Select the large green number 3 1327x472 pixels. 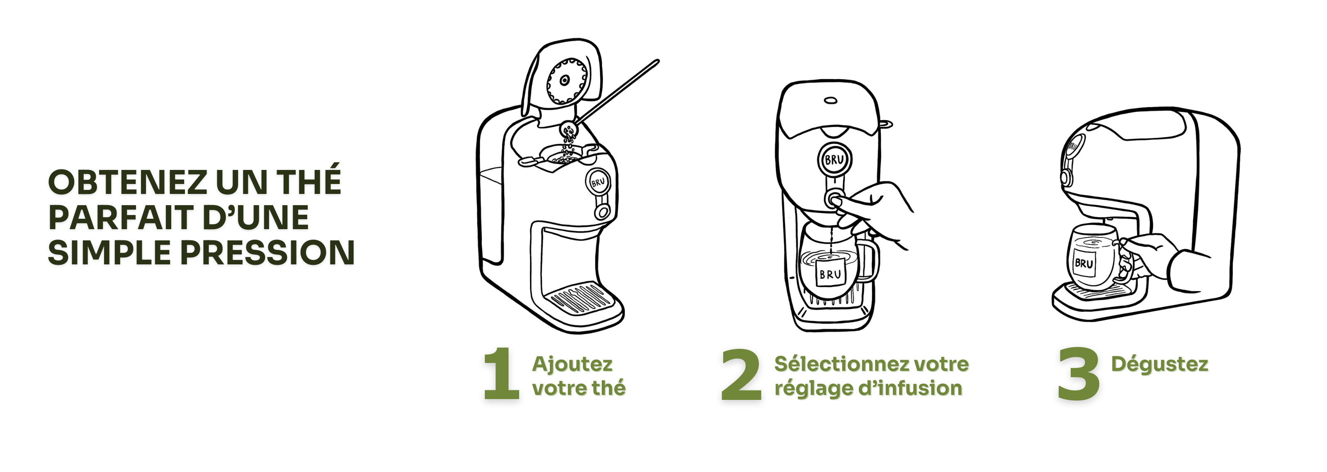tap(1079, 374)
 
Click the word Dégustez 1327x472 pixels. tap(1159, 364)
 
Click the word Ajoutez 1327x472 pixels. tap(572, 364)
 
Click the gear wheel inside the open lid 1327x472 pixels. tap(566, 81)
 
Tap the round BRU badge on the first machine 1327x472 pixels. tap(598, 182)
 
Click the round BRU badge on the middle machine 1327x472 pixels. tap(834, 160)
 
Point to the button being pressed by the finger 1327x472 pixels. tap(834, 198)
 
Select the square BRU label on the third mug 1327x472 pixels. tap(1084, 264)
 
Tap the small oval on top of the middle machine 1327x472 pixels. tap(830, 100)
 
